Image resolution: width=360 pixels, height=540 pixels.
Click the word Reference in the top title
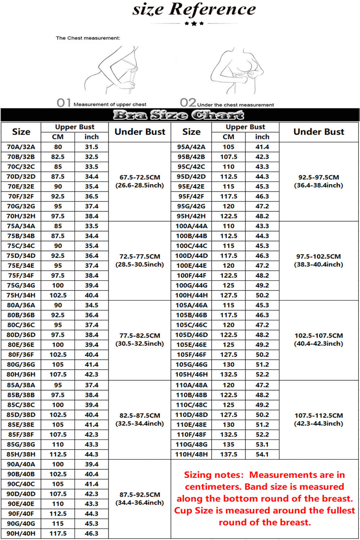tap(212, 9)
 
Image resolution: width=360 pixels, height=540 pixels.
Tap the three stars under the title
tap(194, 23)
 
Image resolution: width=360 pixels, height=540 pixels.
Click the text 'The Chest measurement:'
tap(88, 38)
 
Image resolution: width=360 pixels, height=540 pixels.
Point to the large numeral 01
tap(64, 103)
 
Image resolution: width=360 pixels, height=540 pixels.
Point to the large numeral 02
tap(188, 103)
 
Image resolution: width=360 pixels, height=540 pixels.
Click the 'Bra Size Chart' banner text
tap(179, 115)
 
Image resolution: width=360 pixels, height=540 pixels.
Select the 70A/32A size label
tap(21, 147)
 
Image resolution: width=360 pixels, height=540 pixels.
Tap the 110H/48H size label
tap(191, 454)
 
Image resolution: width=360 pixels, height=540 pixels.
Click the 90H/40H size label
tap(21, 534)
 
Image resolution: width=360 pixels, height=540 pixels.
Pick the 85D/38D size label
tap(21, 415)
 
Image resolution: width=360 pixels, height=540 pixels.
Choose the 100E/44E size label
tap(191, 266)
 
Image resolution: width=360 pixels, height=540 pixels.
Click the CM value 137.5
tap(229, 454)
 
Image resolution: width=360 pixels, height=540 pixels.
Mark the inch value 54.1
tap(262, 454)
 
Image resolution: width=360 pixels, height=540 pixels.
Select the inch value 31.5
tap(91, 147)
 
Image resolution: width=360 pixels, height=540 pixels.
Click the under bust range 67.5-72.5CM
tap(140, 177)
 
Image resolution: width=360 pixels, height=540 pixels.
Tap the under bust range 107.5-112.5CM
tap(319, 415)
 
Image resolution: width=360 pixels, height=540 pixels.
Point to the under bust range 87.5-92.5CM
tap(140, 495)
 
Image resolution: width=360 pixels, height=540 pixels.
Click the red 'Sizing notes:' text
tap(214, 475)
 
